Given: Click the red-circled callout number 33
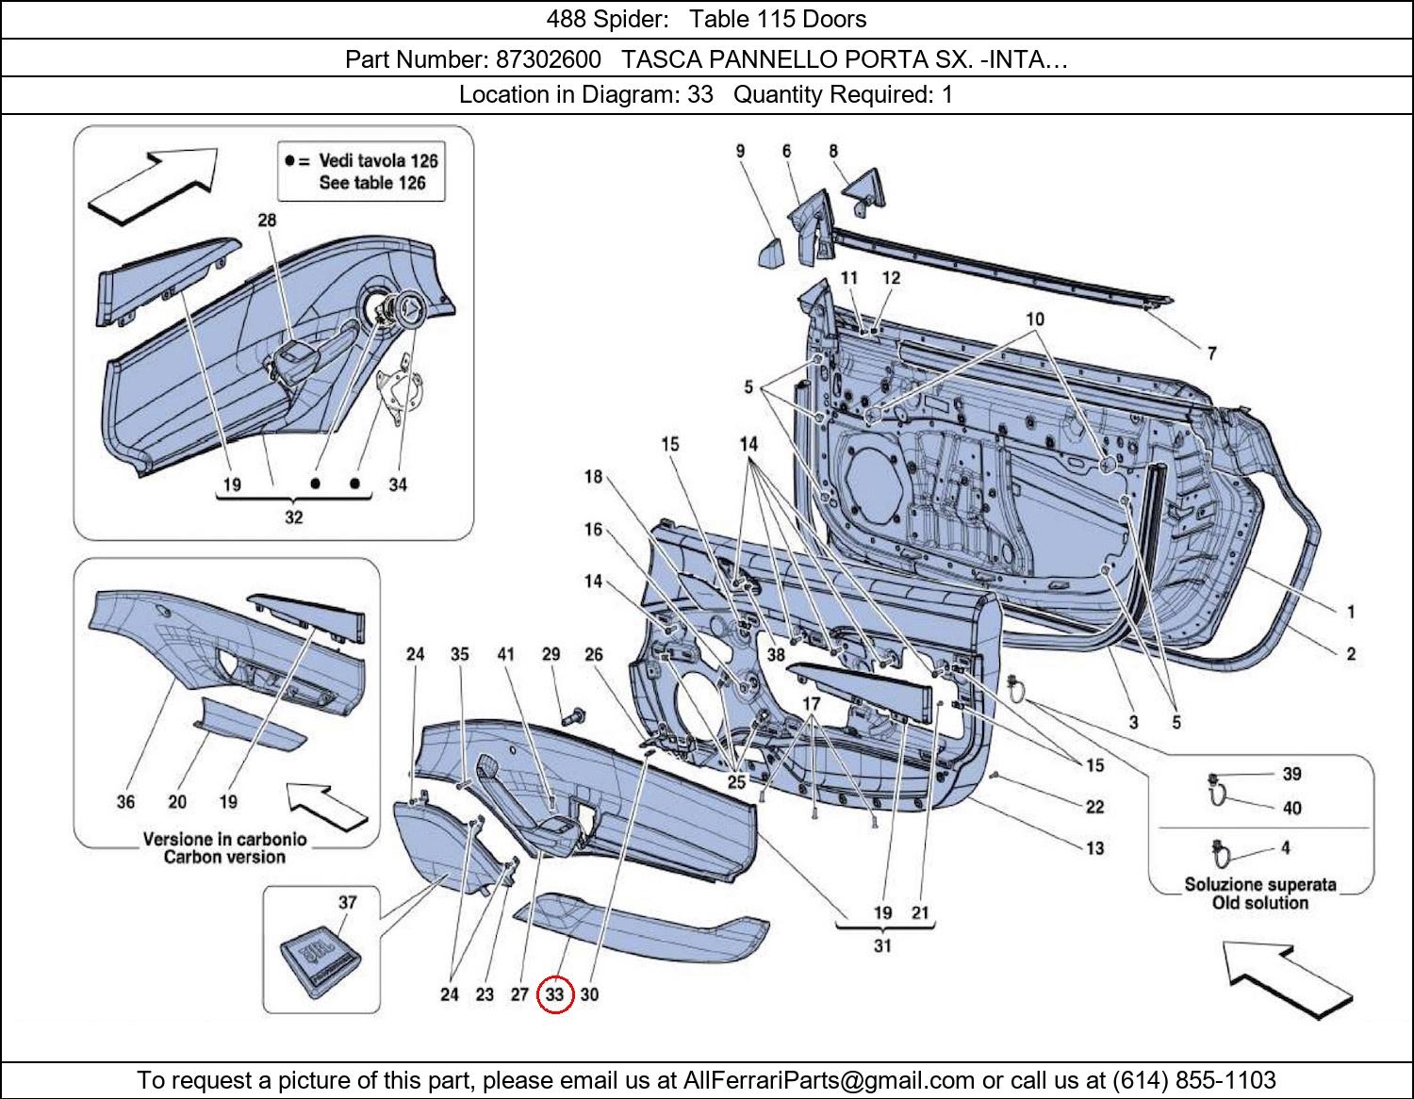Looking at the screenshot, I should [554, 994].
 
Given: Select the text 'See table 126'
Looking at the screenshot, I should [372, 183].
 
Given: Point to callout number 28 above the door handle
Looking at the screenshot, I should [267, 220].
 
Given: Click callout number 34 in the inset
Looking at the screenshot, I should [398, 484].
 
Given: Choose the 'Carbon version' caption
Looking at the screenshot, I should [223, 857].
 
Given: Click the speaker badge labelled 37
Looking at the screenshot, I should [323, 953].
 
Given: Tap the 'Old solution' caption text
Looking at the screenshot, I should [1260, 903].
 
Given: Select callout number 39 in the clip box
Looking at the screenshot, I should [1291, 774].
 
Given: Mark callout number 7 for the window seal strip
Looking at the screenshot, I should [1211, 353].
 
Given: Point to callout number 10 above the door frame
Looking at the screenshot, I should [1035, 320].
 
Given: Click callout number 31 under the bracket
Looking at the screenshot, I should [882, 945].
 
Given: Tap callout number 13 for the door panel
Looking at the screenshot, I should [1094, 848].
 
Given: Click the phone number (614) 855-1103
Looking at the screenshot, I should [1194, 1079].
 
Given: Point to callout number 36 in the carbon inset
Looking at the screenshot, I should [125, 802].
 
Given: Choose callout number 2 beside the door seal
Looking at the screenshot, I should [1350, 653].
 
